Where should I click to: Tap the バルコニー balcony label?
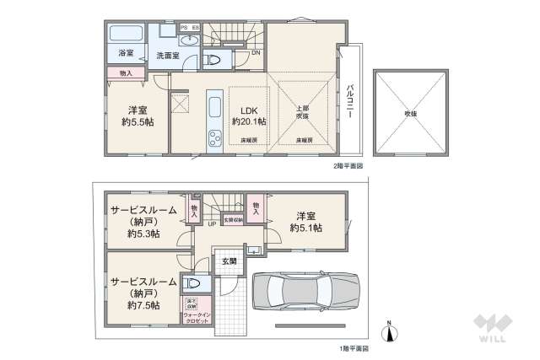[x=349, y=100]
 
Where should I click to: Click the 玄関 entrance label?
[x=229, y=262]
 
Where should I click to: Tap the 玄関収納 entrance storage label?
[x=232, y=220]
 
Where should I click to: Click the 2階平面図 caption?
[x=347, y=166]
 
